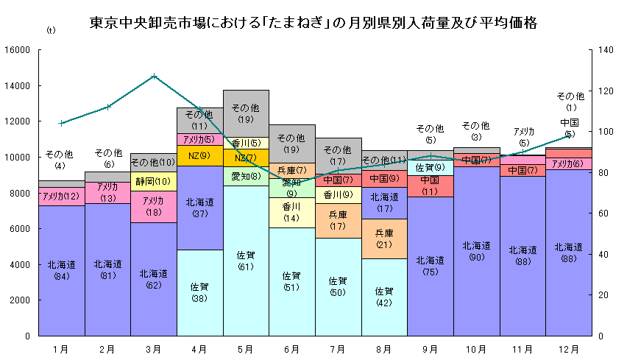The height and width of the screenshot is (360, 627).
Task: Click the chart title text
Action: [313, 23]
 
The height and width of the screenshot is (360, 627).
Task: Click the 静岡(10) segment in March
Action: [153, 181]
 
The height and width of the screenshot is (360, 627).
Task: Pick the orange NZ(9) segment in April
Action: [199, 155]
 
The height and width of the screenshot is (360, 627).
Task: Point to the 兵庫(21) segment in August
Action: [383, 239]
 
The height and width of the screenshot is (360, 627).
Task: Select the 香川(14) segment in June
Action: [291, 212]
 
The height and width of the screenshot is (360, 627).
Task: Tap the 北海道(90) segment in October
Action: [475, 250]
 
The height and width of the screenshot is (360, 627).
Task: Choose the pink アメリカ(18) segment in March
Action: [153, 206]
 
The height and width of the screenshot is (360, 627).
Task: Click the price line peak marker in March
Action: [154, 76]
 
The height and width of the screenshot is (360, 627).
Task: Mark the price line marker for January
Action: [62, 123]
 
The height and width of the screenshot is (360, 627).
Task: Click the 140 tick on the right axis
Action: [605, 50]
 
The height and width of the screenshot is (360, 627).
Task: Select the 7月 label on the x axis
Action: [337, 348]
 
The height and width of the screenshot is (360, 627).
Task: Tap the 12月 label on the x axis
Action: [567, 348]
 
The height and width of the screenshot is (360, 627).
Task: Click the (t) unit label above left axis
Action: [50, 30]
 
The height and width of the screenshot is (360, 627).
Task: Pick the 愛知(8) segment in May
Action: [246, 177]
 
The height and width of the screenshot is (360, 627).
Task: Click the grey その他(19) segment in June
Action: [291, 143]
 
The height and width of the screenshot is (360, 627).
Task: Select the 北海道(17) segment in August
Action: [383, 202]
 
